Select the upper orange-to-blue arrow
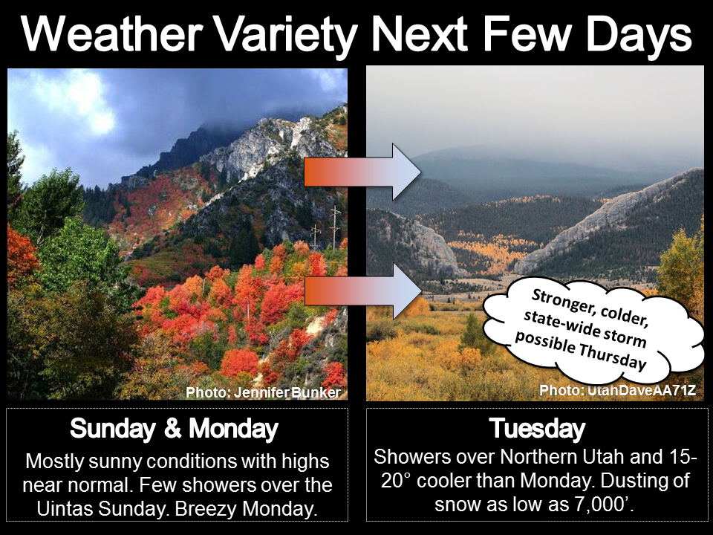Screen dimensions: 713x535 (x=362, y=172)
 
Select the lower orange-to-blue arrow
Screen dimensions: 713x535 (x=362, y=291)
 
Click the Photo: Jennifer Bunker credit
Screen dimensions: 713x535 (x=263, y=392)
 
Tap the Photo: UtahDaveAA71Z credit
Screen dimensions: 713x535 (x=617, y=390)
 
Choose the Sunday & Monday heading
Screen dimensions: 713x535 (x=174, y=429)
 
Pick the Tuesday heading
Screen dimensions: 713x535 (x=537, y=429)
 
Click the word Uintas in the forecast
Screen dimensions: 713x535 (x=65, y=508)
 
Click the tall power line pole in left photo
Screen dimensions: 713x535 (x=335, y=227)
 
